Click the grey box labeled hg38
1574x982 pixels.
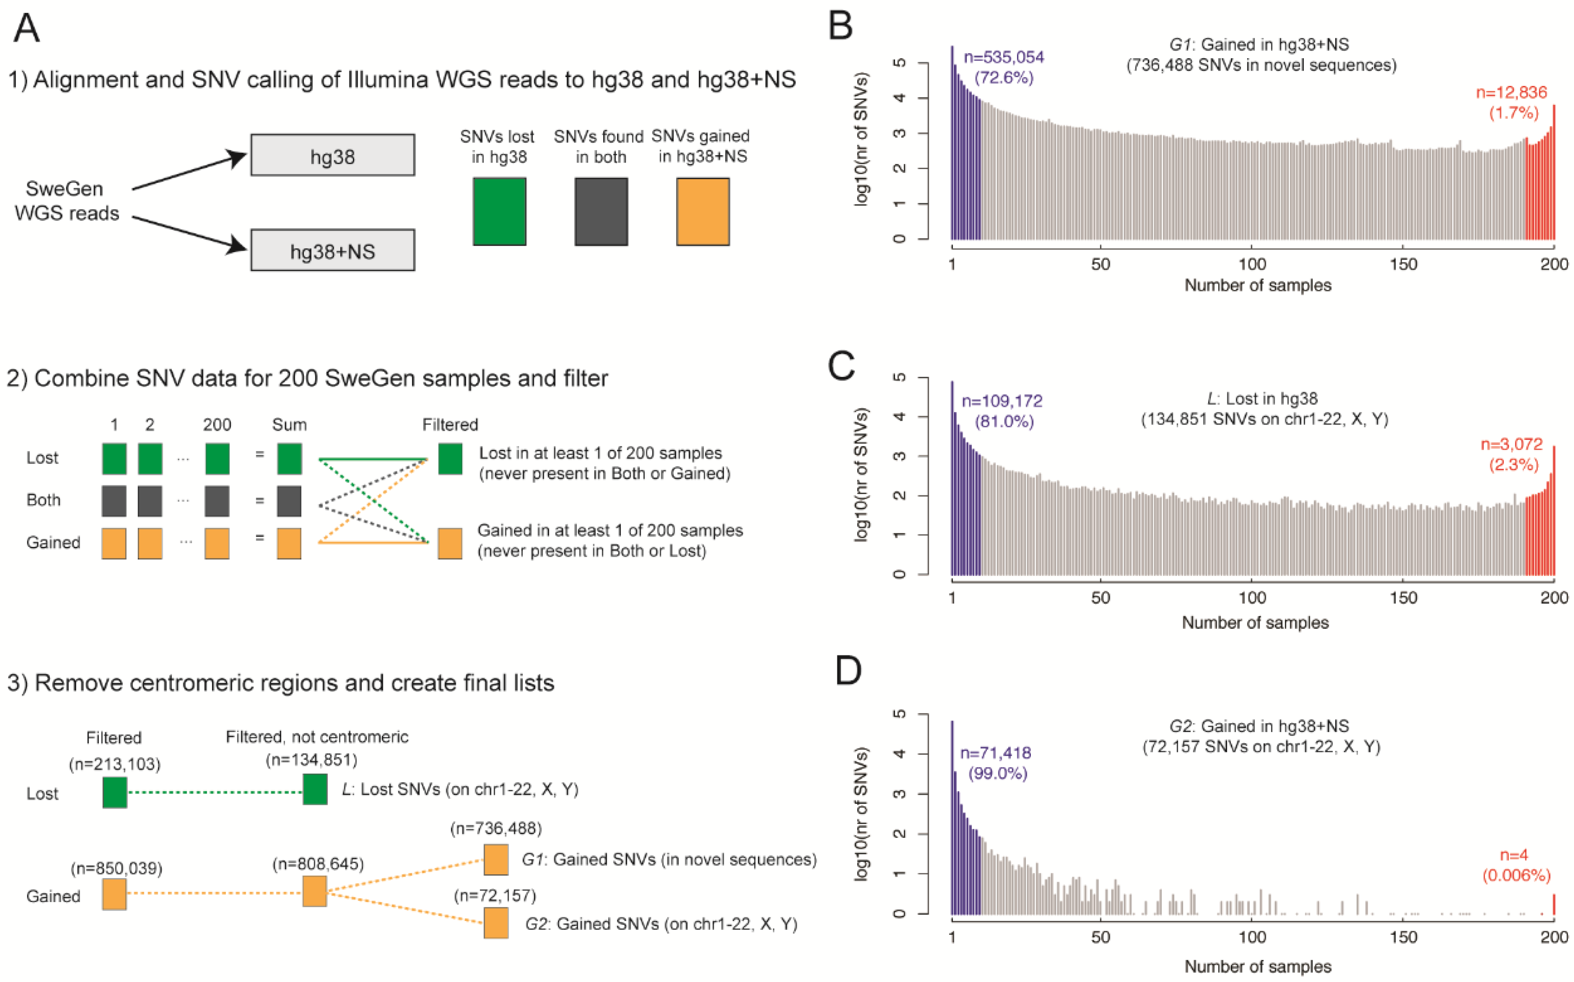click(x=333, y=155)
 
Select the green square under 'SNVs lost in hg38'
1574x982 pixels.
click(x=499, y=212)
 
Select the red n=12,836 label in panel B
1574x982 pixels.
click(x=1511, y=92)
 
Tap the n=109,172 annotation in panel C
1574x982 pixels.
click(x=1001, y=401)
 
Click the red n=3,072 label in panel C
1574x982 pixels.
click(x=1511, y=444)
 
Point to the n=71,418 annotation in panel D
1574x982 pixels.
click(x=995, y=753)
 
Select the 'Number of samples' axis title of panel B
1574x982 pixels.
click(x=1258, y=285)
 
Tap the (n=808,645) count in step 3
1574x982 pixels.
click(x=318, y=864)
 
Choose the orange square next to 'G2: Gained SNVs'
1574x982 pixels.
click(x=496, y=923)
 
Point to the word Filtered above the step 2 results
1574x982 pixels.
click(x=450, y=425)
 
